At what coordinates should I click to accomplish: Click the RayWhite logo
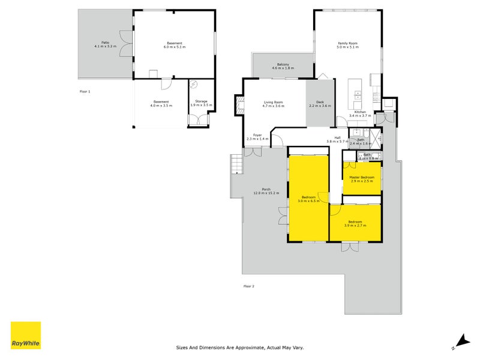click(26, 335)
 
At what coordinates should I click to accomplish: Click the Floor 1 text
click(85, 91)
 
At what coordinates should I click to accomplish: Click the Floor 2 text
click(249, 286)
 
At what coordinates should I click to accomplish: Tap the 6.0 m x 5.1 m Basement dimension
click(174, 47)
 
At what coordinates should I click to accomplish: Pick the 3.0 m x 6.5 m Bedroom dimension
click(309, 201)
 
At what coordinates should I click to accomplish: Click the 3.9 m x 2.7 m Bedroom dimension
click(355, 225)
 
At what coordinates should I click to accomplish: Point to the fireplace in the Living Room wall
click(239, 107)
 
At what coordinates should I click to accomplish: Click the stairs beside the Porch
click(236, 163)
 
